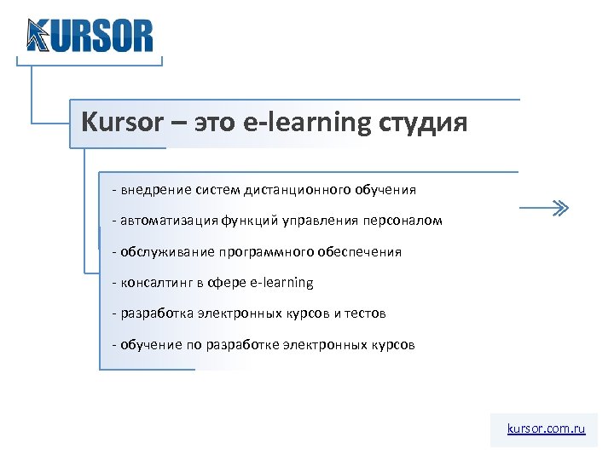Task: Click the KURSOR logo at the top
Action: click(90, 36)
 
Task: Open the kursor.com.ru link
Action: click(546, 429)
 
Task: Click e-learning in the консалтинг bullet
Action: click(285, 283)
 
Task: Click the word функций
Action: click(248, 221)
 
